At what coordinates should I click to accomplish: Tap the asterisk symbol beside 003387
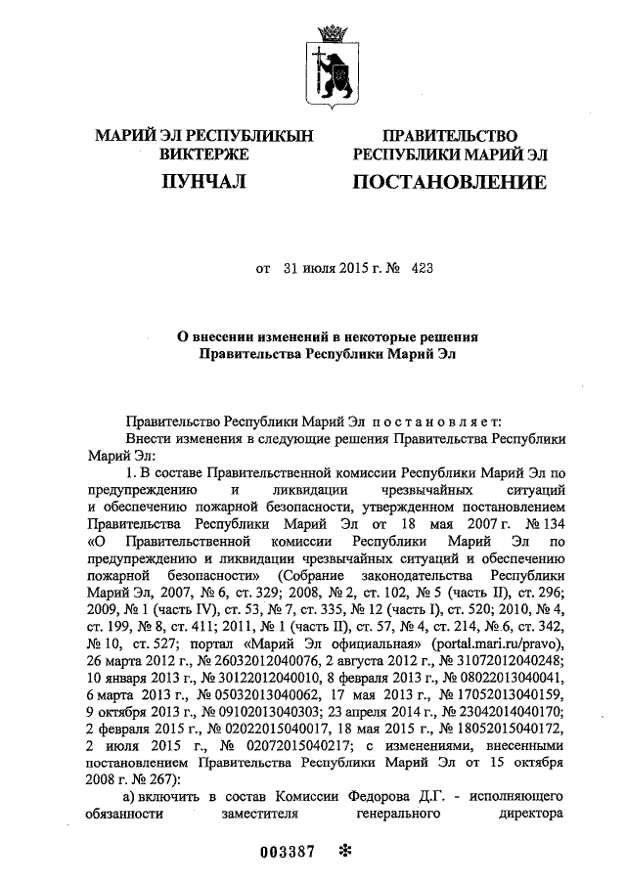(343, 850)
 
